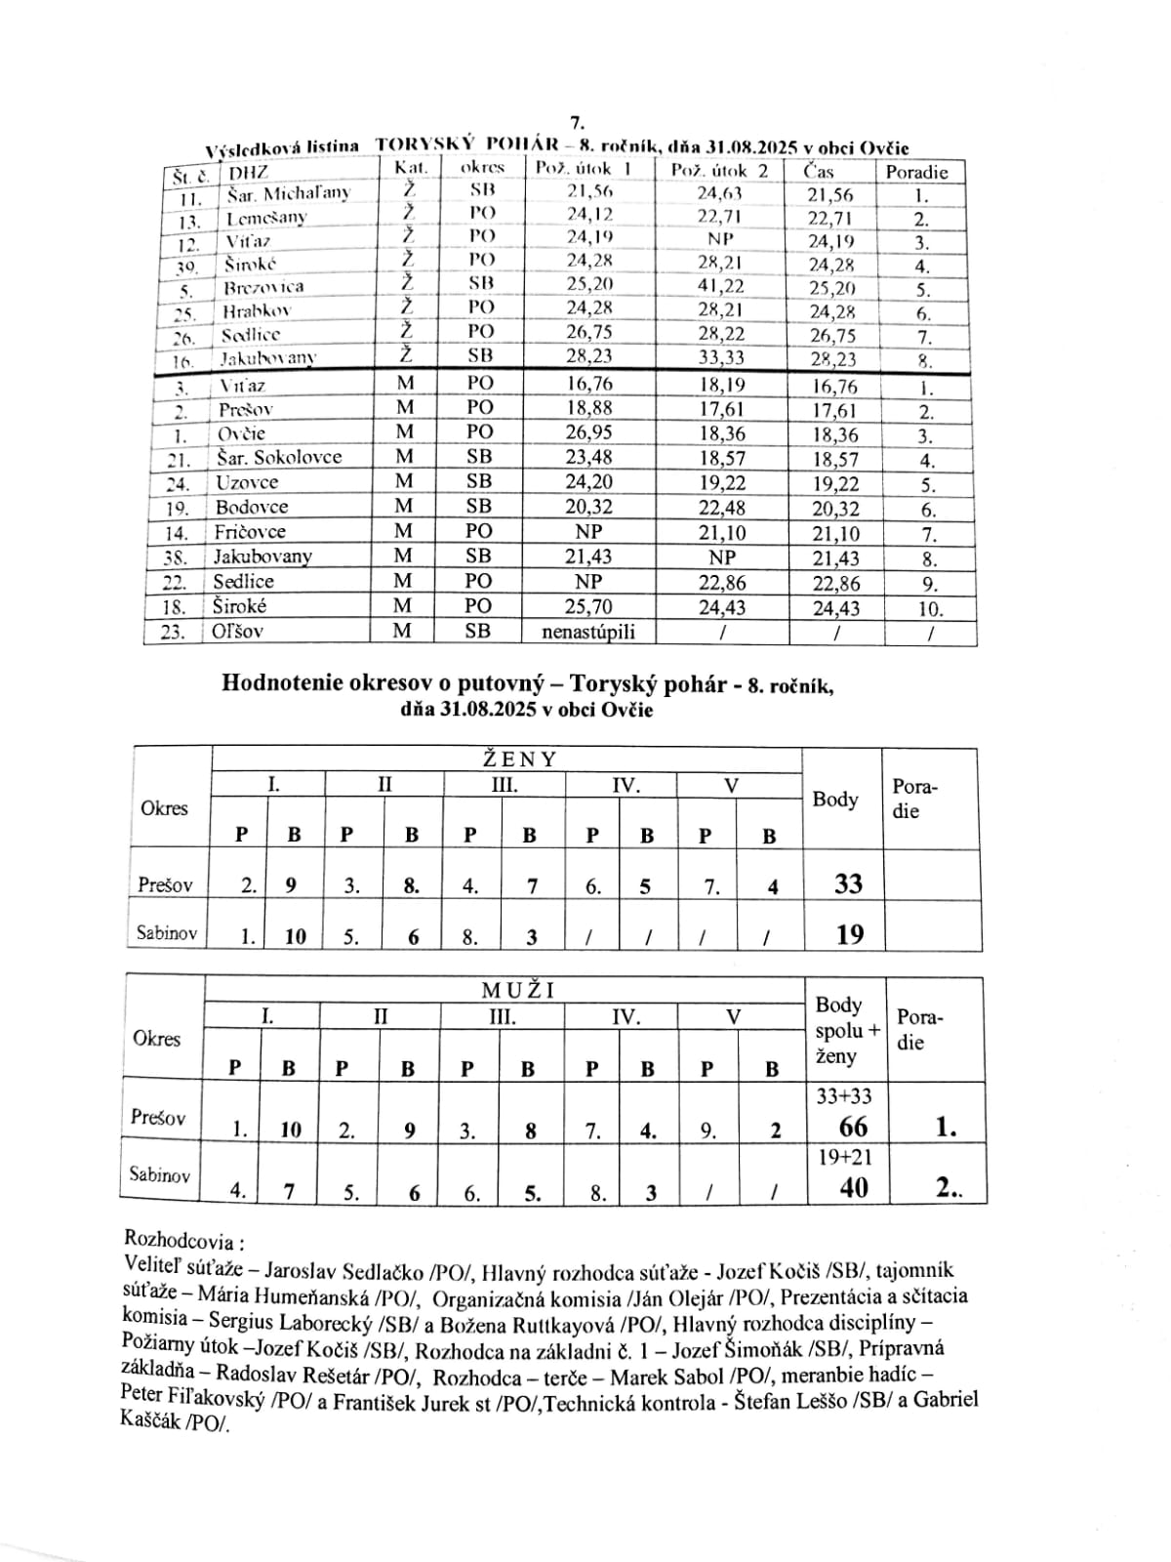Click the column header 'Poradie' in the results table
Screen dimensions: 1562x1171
(916, 172)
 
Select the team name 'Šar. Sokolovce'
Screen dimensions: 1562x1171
(278, 457)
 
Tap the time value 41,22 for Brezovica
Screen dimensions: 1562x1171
(720, 285)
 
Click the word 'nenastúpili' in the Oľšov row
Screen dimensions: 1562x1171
(588, 632)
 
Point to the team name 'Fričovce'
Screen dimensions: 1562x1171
(250, 532)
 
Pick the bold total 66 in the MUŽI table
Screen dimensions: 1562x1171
(853, 1128)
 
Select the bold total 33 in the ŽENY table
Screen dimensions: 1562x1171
(848, 884)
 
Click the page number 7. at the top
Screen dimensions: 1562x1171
(576, 123)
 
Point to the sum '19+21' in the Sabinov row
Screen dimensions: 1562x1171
(845, 1158)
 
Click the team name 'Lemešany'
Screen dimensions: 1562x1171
(266, 217)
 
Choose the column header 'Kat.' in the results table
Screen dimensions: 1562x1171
(411, 168)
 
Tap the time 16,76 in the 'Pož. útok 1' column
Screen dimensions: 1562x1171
(589, 383)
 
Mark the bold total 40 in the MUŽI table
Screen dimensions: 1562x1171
(852, 1188)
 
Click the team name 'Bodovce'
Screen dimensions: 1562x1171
(251, 507)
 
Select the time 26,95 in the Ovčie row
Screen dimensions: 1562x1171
(589, 432)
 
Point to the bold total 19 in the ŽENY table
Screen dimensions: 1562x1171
(850, 934)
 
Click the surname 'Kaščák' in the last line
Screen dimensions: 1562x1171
(152, 1422)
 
